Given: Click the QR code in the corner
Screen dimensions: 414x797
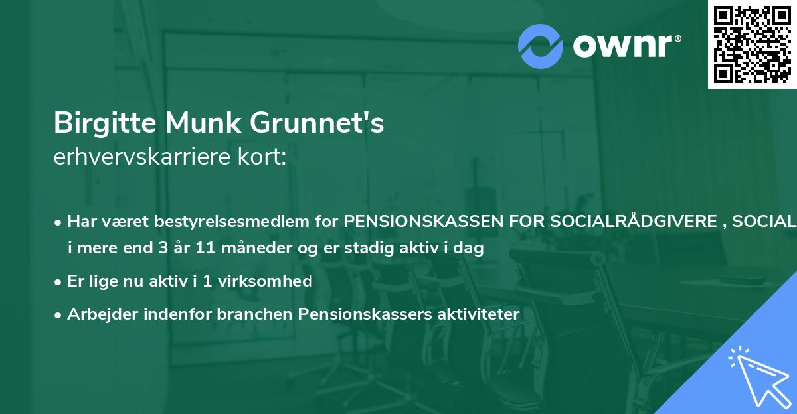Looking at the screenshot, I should coord(753,44).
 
